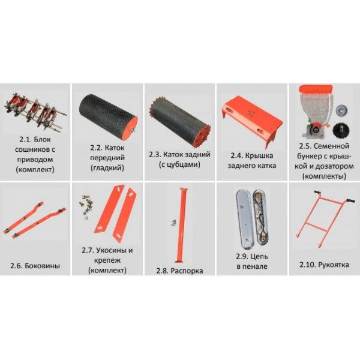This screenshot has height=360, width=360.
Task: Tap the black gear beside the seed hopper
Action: pyautogui.click(x=341, y=130)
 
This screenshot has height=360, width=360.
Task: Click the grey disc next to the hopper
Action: pyautogui.click(x=341, y=110)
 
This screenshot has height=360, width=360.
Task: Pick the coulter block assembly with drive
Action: pyautogui.click(x=35, y=112)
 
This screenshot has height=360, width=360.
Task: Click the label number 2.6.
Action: pyautogui.click(x=16, y=266)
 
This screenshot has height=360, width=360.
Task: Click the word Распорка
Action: pyautogui.click(x=187, y=271)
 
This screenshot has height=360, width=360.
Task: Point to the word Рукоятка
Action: pyautogui.click(x=334, y=265)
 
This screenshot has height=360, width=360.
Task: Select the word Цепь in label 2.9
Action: pyautogui.click(x=259, y=256)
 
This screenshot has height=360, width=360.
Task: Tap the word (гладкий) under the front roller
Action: pyautogui.click(x=107, y=168)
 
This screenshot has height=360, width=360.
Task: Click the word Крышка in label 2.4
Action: pyautogui.click(x=259, y=155)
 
